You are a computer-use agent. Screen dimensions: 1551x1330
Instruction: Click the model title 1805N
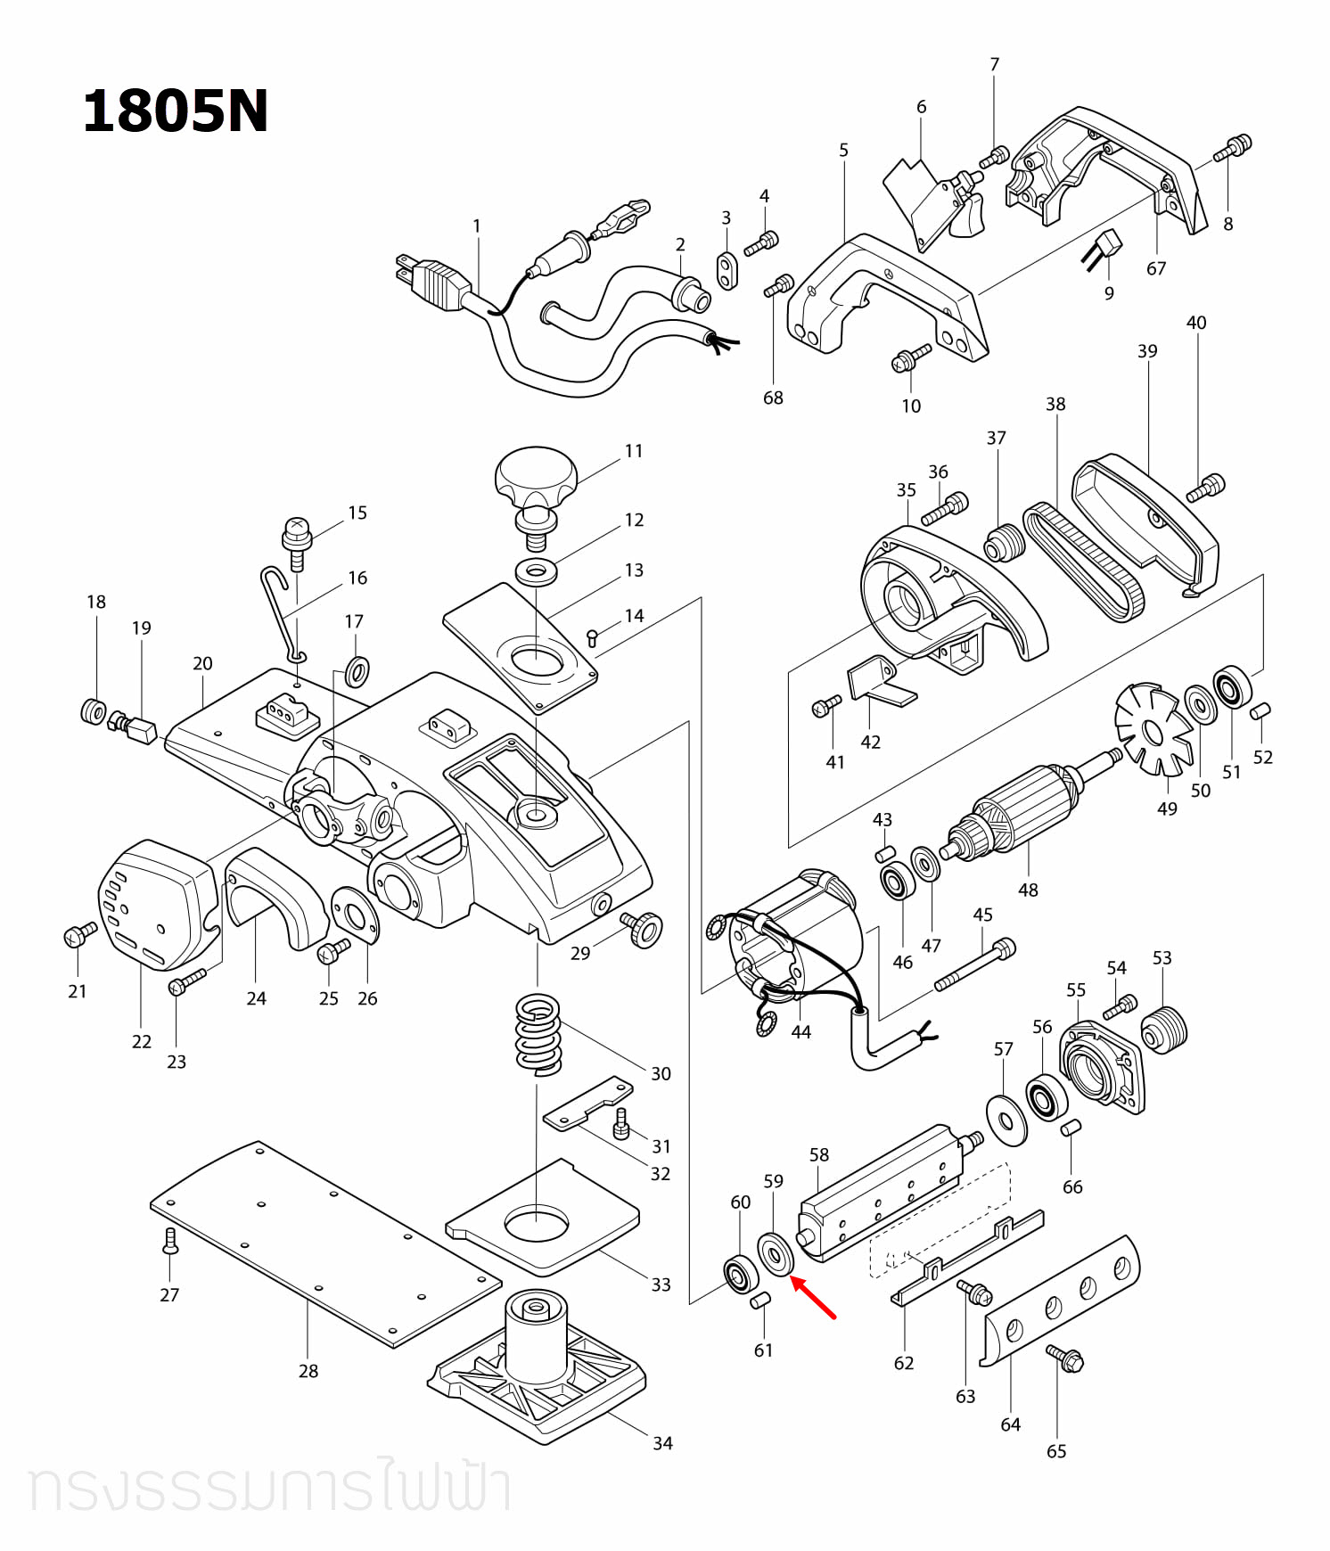point(176,113)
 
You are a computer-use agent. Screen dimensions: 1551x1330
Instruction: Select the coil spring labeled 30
point(538,1034)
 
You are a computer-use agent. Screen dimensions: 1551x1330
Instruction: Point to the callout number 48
point(1028,890)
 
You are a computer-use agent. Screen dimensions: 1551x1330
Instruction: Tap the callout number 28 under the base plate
point(308,1371)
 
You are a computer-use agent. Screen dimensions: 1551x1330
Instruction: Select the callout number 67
point(1156,268)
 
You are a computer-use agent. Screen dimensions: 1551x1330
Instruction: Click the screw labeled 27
point(170,1241)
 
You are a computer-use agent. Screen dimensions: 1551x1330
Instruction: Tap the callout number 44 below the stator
point(800,1032)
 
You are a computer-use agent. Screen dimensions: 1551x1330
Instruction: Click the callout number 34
point(662,1443)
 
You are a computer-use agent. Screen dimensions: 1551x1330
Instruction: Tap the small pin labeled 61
point(760,1301)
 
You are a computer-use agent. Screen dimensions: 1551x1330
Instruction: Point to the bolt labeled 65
point(1064,1358)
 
